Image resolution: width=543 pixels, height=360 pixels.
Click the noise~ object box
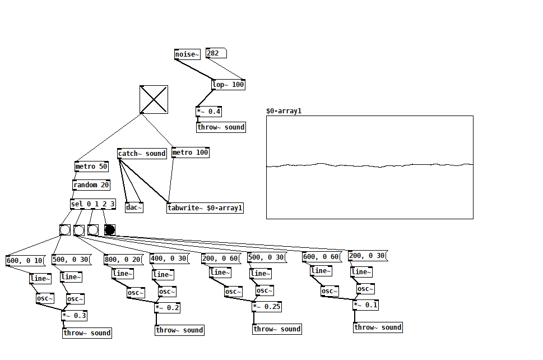187,54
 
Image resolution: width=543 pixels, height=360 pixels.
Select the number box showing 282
216,53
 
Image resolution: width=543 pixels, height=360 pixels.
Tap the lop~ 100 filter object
228,85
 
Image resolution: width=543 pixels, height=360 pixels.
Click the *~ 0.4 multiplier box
209,112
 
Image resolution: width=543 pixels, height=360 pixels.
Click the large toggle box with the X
154,99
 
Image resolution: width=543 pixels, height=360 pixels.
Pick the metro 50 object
91,167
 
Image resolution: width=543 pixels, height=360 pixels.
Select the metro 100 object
190,153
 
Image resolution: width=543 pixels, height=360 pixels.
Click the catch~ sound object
142,154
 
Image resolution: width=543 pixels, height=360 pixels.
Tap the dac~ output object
134,207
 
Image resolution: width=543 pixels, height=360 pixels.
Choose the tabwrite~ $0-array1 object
205,208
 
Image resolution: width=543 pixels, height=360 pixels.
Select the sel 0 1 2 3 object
93,204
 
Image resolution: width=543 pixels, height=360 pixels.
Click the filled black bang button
110,230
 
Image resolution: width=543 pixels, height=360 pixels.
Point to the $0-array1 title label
284,111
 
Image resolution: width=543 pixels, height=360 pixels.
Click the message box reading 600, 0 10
25,260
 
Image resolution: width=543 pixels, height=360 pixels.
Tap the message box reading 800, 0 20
123,259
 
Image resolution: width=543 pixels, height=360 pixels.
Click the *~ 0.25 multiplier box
267,307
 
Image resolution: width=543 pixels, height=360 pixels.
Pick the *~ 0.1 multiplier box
365,305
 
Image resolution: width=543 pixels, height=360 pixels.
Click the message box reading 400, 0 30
169,259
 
